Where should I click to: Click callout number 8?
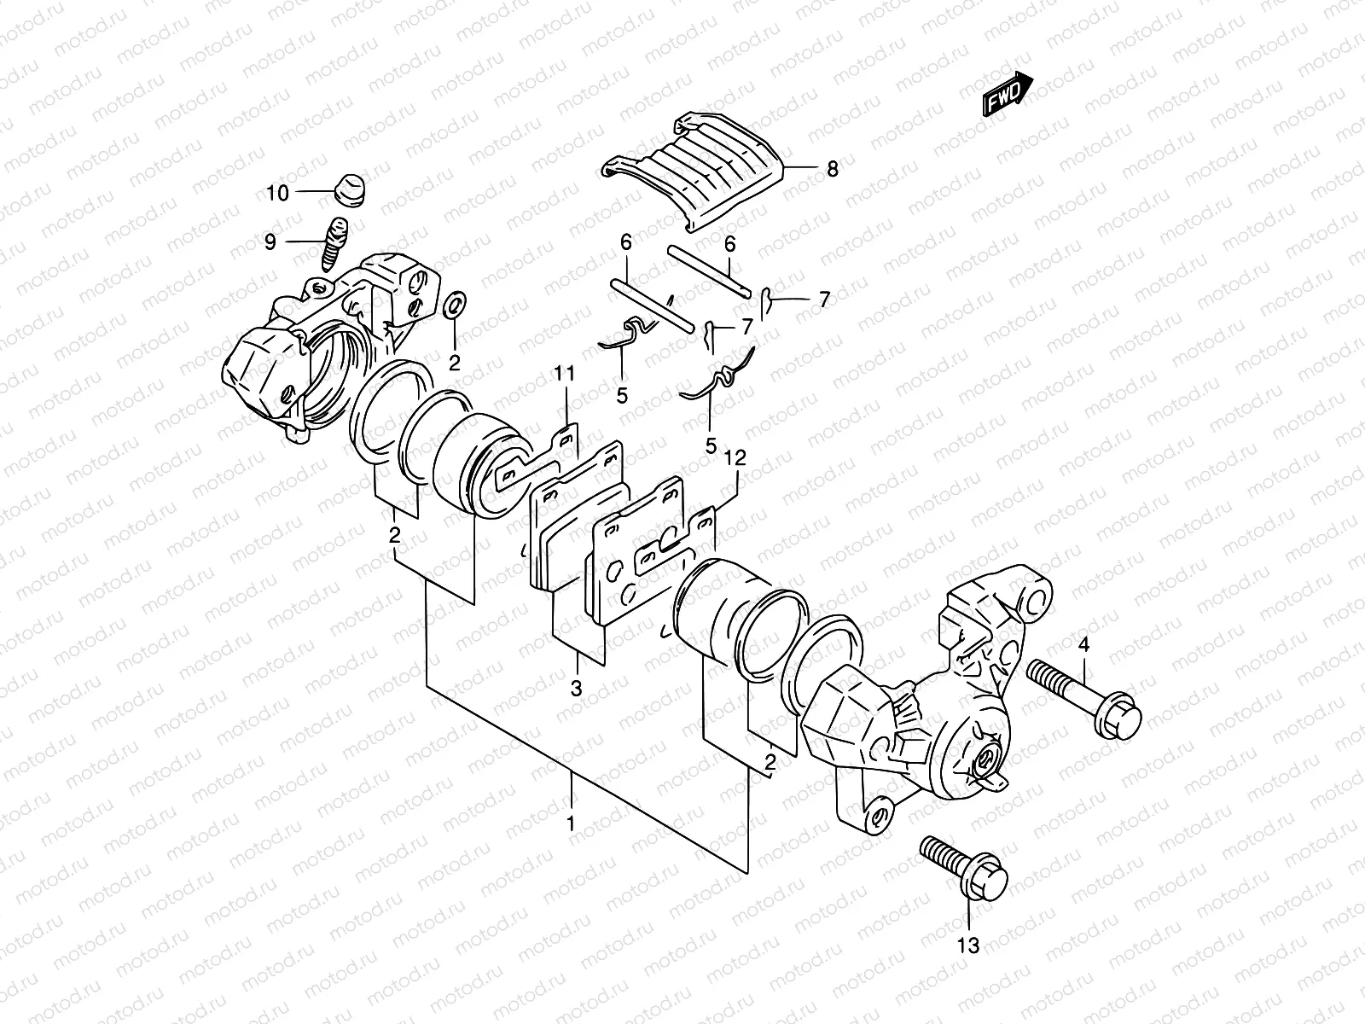[832, 169]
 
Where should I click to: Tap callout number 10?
[277, 194]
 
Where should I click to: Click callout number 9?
[270, 242]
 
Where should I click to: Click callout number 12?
[735, 458]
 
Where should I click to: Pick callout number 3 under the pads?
[576, 688]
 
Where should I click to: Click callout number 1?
[572, 825]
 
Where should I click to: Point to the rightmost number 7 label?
[824, 300]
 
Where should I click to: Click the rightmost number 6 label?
[729, 243]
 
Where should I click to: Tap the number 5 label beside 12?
[710, 445]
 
